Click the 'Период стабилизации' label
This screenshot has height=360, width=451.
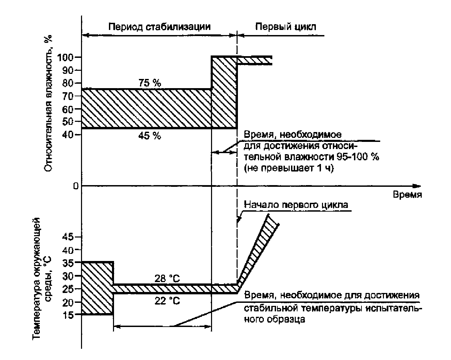[x=159, y=27]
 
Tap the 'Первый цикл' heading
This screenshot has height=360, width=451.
[x=286, y=27]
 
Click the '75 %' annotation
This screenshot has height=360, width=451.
[x=150, y=83]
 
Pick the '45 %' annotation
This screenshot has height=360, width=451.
[x=150, y=136]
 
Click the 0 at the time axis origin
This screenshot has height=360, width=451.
[x=75, y=186]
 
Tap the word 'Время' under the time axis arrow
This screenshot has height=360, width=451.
[x=407, y=195]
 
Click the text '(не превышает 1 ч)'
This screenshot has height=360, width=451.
[x=289, y=168]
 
